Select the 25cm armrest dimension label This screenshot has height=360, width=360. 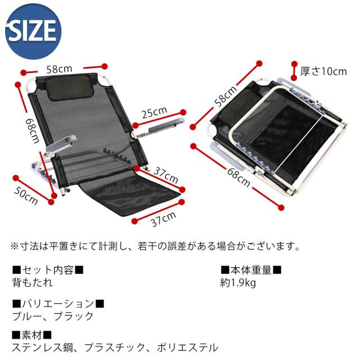154,113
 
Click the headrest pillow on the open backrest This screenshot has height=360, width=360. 69,85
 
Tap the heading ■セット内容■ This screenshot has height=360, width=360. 48,270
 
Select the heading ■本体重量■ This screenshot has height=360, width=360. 251,270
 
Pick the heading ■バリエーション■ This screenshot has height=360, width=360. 58,304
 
